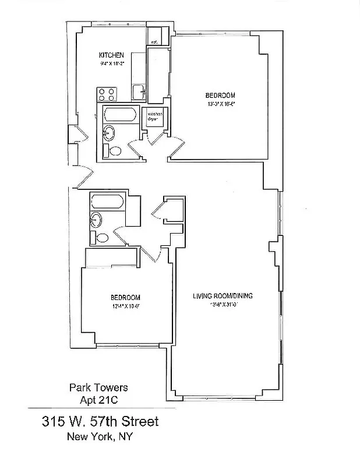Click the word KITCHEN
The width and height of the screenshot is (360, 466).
(x=111, y=55)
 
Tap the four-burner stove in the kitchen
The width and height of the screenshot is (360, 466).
(x=106, y=94)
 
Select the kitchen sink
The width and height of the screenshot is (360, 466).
(x=139, y=92)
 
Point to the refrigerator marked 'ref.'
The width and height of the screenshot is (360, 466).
(x=155, y=42)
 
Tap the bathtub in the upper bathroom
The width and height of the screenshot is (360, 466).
(x=120, y=115)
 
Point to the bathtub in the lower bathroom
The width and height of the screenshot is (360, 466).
(x=107, y=203)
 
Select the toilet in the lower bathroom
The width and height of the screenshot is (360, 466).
(x=101, y=238)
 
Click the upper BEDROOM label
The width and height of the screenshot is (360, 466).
(x=220, y=95)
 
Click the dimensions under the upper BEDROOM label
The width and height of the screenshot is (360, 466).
(x=220, y=103)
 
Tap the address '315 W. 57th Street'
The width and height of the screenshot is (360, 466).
(x=99, y=421)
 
